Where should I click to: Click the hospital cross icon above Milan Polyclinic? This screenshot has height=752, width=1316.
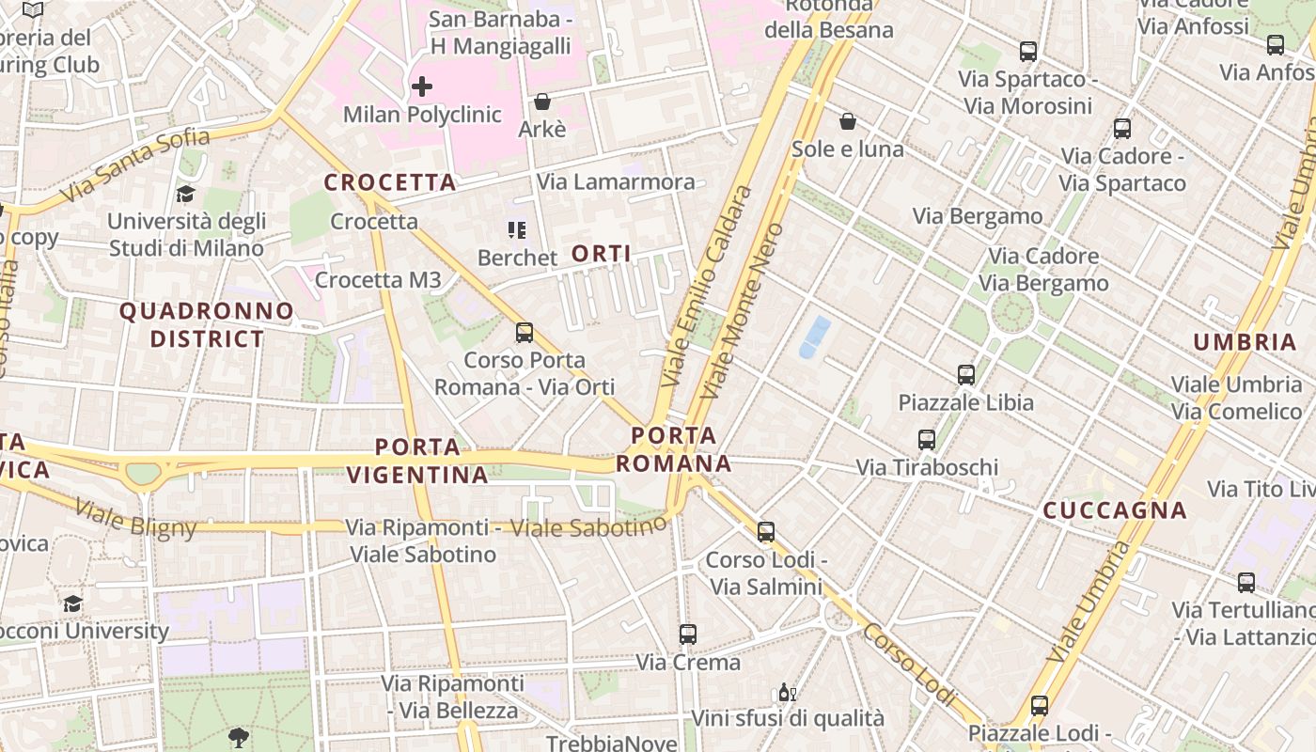pos(422,87)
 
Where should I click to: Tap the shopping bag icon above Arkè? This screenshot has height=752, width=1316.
pos(542,102)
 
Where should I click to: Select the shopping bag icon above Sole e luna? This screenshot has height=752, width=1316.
pos(848,121)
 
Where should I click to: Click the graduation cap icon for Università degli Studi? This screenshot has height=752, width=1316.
pos(186,195)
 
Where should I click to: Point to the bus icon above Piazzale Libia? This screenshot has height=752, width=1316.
pos(966,375)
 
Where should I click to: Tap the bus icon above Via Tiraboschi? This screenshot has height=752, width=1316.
pos(927,440)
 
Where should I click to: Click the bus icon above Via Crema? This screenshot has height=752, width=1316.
pos(688,634)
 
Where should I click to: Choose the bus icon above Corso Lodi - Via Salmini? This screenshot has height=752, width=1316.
pos(766,532)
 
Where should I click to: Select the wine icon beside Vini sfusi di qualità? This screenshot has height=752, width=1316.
pos(787,694)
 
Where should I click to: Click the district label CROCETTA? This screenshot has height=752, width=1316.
pos(390,182)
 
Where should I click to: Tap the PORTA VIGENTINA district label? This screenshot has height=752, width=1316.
pos(417,461)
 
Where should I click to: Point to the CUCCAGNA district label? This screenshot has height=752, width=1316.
pos(1115,510)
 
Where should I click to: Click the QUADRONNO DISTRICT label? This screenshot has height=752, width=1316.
pos(207,324)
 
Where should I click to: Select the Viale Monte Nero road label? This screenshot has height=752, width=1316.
pos(742,310)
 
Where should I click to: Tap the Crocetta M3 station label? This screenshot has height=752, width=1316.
pos(378,280)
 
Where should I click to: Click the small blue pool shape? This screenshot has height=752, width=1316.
pos(815,337)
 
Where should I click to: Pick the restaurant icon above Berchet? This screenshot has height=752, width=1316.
pos(516,230)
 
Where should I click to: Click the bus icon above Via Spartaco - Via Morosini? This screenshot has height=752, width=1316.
pos(1028,52)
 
